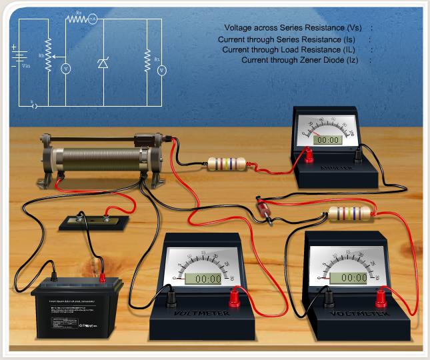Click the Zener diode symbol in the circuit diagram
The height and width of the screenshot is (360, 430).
tap(102, 63)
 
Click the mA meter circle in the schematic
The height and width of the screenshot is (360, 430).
tap(93, 20)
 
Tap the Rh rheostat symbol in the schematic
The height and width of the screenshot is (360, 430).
tap(48, 57)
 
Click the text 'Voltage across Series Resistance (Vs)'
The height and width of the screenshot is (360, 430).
tap(293, 28)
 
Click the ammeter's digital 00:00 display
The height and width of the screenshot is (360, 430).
tap(327, 140)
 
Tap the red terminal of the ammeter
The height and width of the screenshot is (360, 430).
tap(309, 156)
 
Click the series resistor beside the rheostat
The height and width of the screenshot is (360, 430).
tap(227, 164)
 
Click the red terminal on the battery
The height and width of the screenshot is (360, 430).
tap(103, 274)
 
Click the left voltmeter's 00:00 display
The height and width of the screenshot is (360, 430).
tap(203, 278)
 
